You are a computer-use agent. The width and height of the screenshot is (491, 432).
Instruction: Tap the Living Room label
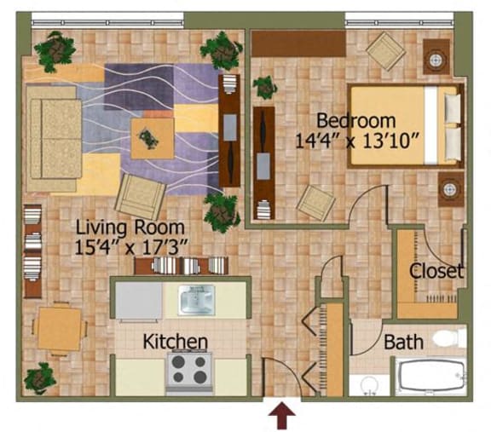(x=130, y=228)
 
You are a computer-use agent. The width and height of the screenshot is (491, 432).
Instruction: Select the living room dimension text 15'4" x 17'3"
(x=131, y=247)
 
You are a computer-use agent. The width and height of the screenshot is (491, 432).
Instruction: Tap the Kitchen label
(x=176, y=342)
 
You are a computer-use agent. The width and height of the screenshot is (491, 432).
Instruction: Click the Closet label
(x=436, y=271)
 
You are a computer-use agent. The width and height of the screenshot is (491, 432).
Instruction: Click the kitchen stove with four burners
(x=189, y=372)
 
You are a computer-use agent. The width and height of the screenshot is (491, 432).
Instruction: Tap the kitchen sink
(x=196, y=299)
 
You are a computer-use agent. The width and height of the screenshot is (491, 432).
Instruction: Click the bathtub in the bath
(x=431, y=376)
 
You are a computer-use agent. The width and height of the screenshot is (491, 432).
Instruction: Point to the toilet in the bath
(x=448, y=337)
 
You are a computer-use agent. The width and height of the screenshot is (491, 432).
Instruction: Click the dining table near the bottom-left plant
(x=59, y=328)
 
